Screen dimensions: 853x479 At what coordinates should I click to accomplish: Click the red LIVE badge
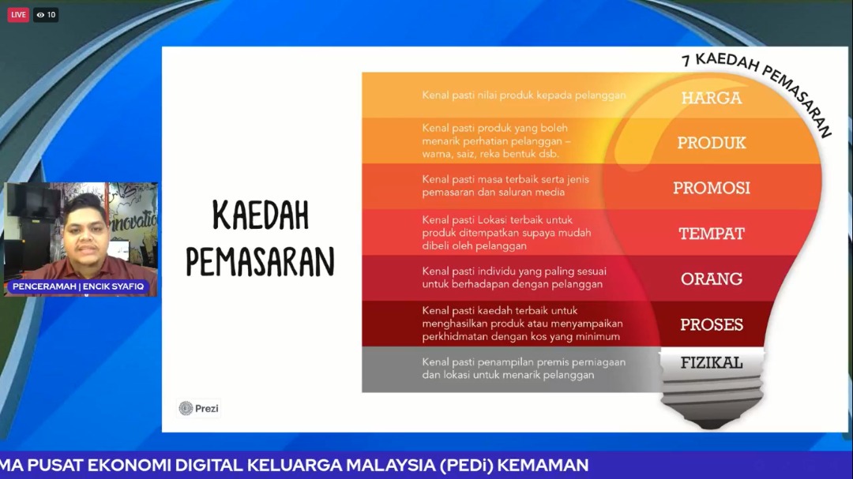point(18,15)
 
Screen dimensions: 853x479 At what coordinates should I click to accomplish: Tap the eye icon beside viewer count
point(40,15)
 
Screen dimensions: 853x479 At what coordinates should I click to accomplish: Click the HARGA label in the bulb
point(711,98)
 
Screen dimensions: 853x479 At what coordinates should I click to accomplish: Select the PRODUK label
point(711,143)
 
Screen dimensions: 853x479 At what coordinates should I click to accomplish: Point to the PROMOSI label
point(711,188)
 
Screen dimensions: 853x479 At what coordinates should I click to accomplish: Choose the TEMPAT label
point(711,234)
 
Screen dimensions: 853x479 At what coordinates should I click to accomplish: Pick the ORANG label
point(711,279)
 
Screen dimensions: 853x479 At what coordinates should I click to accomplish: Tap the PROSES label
point(711,324)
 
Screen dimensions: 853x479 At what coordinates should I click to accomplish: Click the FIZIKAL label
point(711,362)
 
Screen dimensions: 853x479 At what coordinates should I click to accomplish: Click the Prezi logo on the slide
point(199,408)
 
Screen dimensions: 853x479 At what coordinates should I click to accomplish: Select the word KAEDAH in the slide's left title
point(261,215)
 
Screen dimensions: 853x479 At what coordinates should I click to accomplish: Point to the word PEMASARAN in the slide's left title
point(260,261)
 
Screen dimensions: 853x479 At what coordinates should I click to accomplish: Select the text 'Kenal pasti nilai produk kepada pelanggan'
point(524,95)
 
